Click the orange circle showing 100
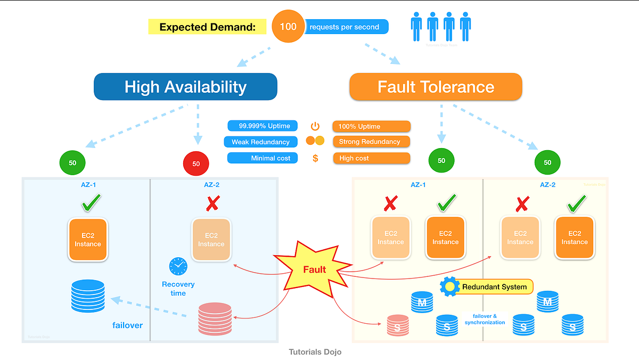pyautogui.click(x=288, y=27)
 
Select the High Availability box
pyautogui.click(x=185, y=87)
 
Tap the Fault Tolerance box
pyautogui.click(x=436, y=87)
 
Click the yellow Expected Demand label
pyautogui.click(x=207, y=27)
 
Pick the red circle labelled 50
pyautogui.click(x=196, y=163)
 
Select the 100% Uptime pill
pyautogui.click(x=371, y=127)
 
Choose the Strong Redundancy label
pyautogui.click(x=371, y=142)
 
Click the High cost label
pyautogui.click(x=371, y=158)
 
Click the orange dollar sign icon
pyautogui.click(x=315, y=158)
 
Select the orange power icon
pyautogui.click(x=315, y=126)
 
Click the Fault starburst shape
pyautogui.click(x=314, y=269)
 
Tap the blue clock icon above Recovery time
pyautogui.click(x=178, y=266)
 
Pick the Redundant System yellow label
pyautogui.click(x=495, y=287)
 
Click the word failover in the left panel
pyautogui.click(x=127, y=325)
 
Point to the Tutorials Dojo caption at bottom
pyautogui.click(x=315, y=352)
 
